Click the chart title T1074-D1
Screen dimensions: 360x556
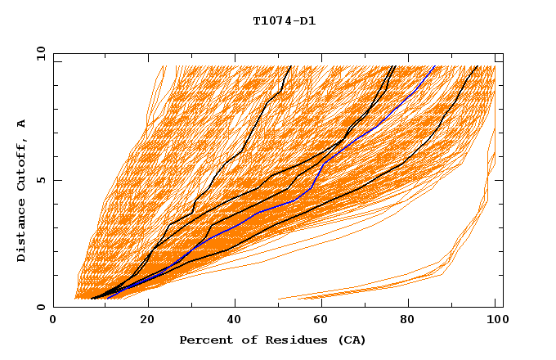(x=284, y=21)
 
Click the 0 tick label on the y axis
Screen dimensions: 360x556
(x=40, y=307)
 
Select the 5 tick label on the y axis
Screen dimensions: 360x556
(x=40, y=180)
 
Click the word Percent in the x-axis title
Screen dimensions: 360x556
(x=204, y=340)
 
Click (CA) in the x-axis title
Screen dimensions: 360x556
(x=352, y=340)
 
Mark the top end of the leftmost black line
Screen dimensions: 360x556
(x=289, y=65)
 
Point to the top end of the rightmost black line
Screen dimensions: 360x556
(x=478, y=65)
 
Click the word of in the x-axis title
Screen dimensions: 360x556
(x=244, y=340)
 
